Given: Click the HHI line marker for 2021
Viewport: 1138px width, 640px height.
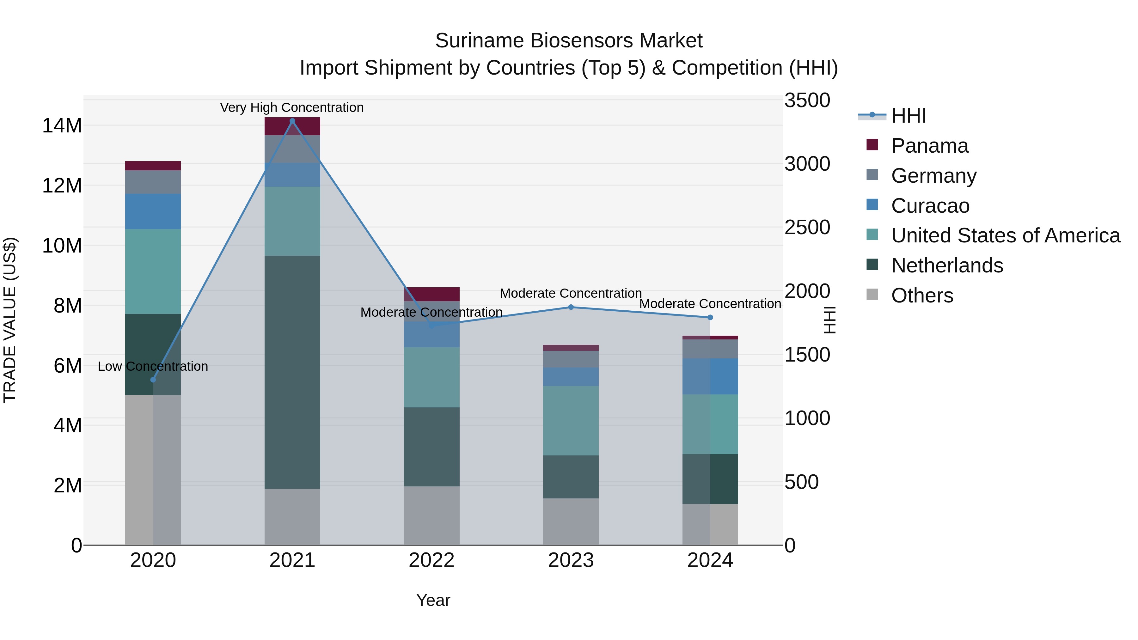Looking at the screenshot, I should [x=292, y=121].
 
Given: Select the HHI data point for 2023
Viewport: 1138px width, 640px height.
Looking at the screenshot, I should [x=571, y=307].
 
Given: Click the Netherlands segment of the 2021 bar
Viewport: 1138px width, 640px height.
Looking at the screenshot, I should [x=292, y=372].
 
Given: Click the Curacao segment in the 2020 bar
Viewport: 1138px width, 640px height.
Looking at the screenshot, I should [x=153, y=211].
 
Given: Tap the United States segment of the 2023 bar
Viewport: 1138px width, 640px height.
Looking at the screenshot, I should [x=571, y=420].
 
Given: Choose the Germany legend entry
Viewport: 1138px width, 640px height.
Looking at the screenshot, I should [x=933, y=176].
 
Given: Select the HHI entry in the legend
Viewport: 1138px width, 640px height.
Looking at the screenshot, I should [x=908, y=116].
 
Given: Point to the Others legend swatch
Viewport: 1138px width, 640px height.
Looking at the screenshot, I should [x=872, y=295].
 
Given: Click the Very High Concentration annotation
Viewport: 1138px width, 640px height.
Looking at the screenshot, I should [x=291, y=107].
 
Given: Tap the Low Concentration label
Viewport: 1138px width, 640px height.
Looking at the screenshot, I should [x=153, y=366].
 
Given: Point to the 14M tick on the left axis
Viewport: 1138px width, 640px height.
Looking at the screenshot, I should [x=62, y=126].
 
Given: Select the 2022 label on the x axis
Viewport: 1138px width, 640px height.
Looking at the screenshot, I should [x=431, y=560].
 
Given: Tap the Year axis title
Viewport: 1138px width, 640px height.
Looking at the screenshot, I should [x=433, y=600].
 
